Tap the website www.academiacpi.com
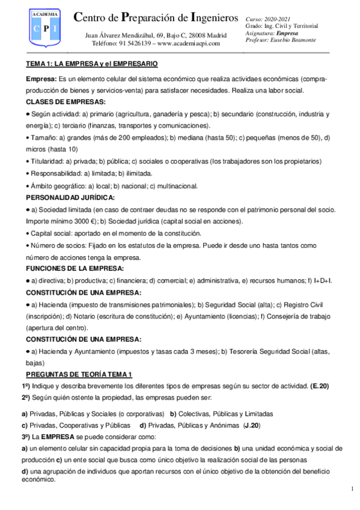pyautogui.click(x=190, y=44)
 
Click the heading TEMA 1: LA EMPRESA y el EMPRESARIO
pyautogui.click(x=92, y=63)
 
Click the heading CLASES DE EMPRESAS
pyautogui.click(x=66, y=102)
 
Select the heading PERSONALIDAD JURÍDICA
pyautogui.click(x=70, y=197)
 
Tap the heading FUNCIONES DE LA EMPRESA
pyautogui.click(x=71, y=268)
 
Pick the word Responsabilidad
pyautogui.click(x=54, y=173)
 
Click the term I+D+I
pyautogui.click(x=323, y=280)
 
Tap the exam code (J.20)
pyautogui.click(x=249, y=425)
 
